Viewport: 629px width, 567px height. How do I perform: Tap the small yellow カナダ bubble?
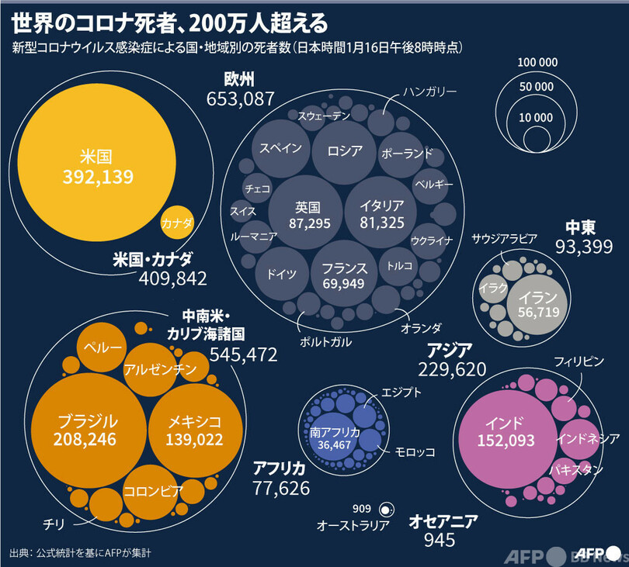coord(177,223)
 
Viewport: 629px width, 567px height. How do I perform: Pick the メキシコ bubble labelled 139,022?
coord(194,430)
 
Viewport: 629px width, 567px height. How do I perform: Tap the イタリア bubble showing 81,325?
coord(381,214)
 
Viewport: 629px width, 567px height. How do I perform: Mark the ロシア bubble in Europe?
coord(345,150)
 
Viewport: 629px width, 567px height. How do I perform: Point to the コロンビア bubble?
coord(153,490)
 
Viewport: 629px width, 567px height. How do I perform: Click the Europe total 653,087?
coord(240,99)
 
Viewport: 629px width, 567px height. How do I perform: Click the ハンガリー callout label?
coord(429,92)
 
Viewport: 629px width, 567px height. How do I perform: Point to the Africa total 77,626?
coord(281,488)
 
